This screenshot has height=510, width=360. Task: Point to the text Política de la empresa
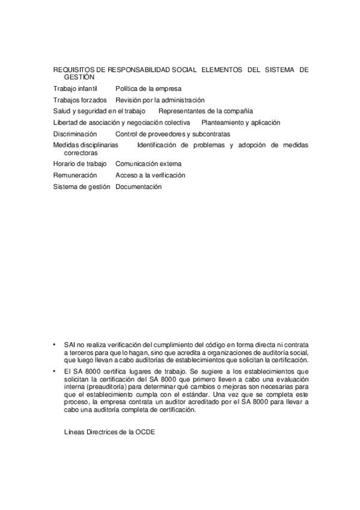tap(148, 88)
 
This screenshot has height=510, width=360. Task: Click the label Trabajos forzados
tap(80, 100)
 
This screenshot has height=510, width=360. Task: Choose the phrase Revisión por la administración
tap(160, 100)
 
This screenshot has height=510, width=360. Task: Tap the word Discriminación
tap(75, 134)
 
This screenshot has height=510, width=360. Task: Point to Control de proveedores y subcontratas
tap(172, 134)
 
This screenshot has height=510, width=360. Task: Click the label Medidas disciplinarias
tap(85, 146)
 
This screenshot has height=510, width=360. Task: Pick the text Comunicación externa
tap(148, 164)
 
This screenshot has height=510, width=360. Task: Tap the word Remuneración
tap(75, 175)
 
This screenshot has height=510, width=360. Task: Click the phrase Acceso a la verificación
tap(150, 175)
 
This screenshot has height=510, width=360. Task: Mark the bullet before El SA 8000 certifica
tap(55, 372)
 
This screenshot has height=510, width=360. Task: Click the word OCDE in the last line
tap(145, 432)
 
